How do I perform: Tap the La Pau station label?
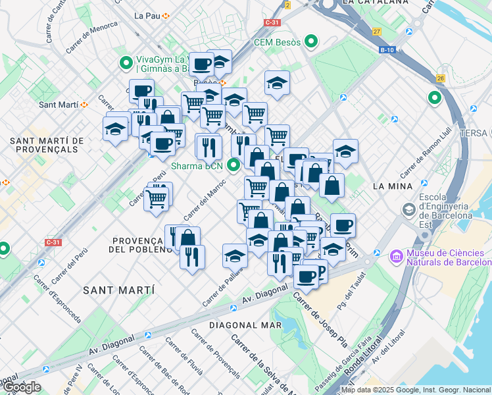[x=147, y=15]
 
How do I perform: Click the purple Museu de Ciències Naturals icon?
[x=397, y=255]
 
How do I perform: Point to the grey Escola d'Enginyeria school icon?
[x=408, y=209]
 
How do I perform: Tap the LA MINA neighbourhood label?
[x=392, y=186]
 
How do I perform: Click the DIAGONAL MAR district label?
[x=245, y=325]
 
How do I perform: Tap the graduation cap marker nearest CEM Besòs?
[x=277, y=84]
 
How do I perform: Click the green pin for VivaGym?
[x=126, y=63]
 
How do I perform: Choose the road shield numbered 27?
[x=376, y=31]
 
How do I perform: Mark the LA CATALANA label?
[x=368, y=3]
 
